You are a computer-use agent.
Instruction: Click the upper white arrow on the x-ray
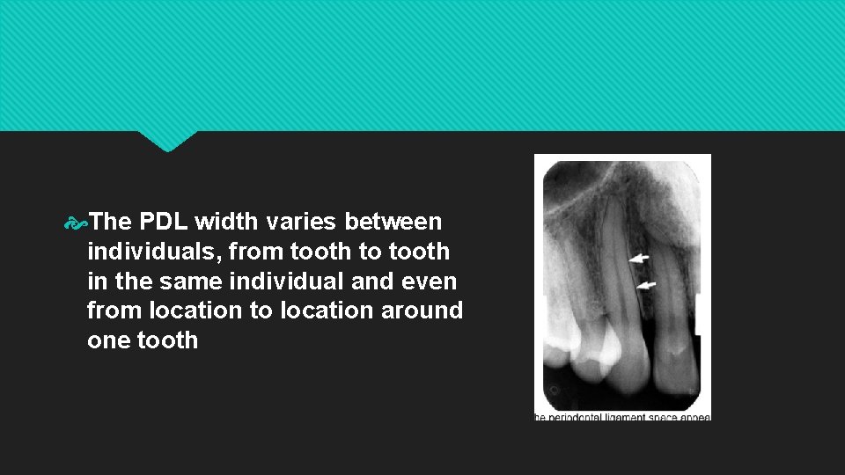tap(639, 259)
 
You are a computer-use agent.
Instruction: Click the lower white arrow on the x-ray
tap(645, 285)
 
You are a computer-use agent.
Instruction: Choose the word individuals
tap(153, 252)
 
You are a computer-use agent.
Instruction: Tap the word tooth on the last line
tap(168, 340)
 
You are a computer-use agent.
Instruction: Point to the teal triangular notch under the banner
tap(167, 142)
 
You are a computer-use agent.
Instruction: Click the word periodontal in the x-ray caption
tap(576, 416)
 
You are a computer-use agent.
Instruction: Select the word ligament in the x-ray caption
tap(625, 416)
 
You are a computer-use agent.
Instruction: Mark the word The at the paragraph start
tap(109, 222)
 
